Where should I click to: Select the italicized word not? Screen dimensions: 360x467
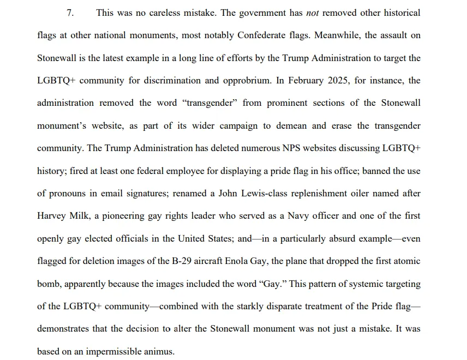(x=313, y=13)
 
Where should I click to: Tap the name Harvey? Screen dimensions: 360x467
(x=51, y=216)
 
